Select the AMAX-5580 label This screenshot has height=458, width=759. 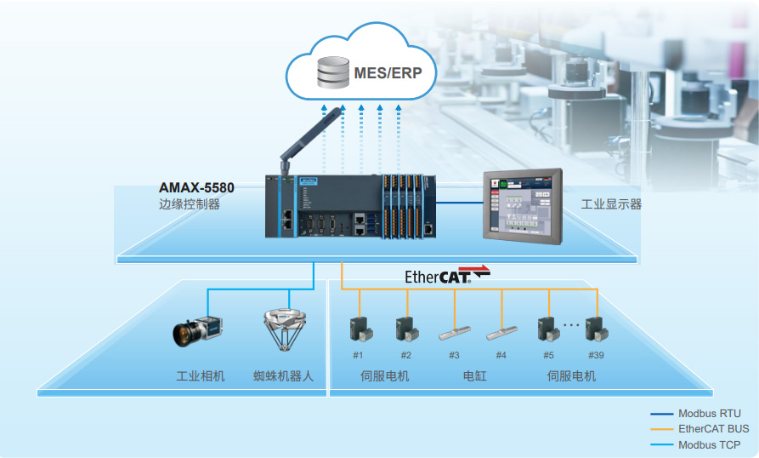pyautogui.click(x=196, y=187)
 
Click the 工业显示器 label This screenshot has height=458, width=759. pyautogui.click(x=611, y=204)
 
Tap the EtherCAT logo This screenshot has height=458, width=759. pyautogui.click(x=448, y=275)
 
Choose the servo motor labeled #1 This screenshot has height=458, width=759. pyautogui.click(x=359, y=329)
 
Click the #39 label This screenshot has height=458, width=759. pyautogui.click(x=596, y=355)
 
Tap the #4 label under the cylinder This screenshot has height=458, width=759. pyautogui.click(x=501, y=355)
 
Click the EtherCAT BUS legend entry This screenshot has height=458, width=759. pyautogui.click(x=713, y=429)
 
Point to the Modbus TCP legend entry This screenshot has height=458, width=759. pyautogui.click(x=709, y=444)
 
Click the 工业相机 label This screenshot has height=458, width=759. pyautogui.click(x=201, y=375)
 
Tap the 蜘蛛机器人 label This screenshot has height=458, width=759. pyautogui.click(x=284, y=375)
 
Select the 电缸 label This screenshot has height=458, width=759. pyautogui.click(x=475, y=375)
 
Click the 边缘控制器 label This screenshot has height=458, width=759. pyautogui.click(x=190, y=204)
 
